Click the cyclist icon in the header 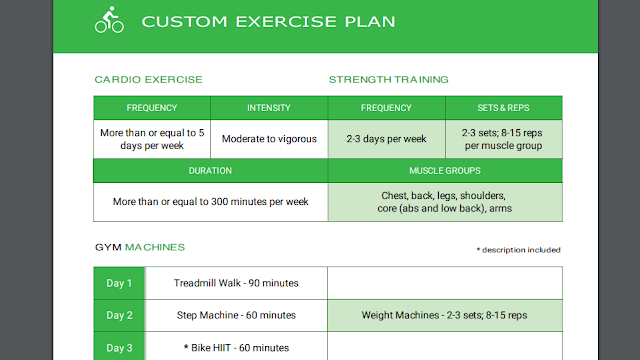pyautogui.click(x=109, y=20)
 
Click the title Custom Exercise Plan pyautogui.click(x=268, y=22)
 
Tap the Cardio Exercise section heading pyautogui.click(x=148, y=80)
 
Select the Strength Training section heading pyautogui.click(x=389, y=80)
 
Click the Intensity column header pyautogui.click(x=269, y=108)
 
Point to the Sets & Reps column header pyautogui.click(x=504, y=108)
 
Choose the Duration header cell pyautogui.click(x=210, y=171)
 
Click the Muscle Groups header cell pyautogui.click(x=445, y=171)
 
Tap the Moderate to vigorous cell pyautogui.click(x=269, y=139)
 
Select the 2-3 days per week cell pyautogui.click(x=386, y=139)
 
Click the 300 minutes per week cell pyautogui.click(x=210, y=202)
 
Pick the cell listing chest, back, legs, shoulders pyautogui.click(x=445, y=202)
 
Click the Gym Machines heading pyautogui.click(x=140, y=247)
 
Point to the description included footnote pyautogui.click(x=518, y=250)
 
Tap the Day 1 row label pyautogui.click(x=119, y=283)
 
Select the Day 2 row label pyautogui.click(x=119, y=316)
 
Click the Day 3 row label pyautogui.click(x=119, y=348)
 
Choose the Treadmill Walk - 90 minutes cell pyautogui.click(x=236, y=283)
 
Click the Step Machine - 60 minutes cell pyautogui.click(x=236, y=315)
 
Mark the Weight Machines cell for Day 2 pyautogui.click(x=444, y=315)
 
